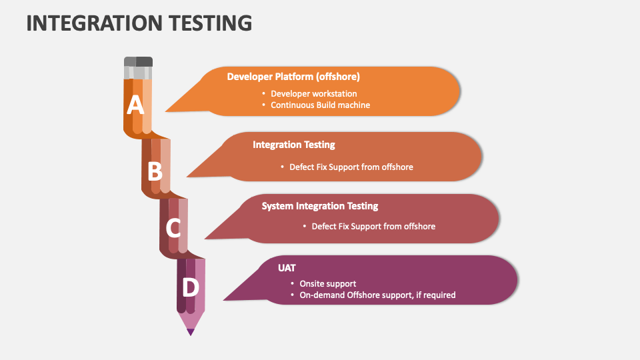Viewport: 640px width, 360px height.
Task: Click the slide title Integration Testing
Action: [139, 23]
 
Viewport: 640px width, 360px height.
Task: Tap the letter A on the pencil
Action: [135, 105]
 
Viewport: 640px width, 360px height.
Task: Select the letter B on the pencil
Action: [155, 171]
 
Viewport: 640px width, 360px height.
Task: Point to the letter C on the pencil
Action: [173, 228]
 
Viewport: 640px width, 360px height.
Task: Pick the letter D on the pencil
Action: [190, 287]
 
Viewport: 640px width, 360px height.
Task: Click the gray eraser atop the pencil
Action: [139, 68]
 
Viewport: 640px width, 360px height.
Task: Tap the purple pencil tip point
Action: [191, 332]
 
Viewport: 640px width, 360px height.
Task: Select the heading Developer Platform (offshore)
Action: [293, 77]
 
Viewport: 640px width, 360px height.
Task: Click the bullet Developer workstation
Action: [313, 94]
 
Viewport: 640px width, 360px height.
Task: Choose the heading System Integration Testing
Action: [320, 206]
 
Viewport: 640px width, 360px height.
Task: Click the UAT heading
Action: [287, 268]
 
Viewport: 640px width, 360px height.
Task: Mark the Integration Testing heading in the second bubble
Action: [294, 145]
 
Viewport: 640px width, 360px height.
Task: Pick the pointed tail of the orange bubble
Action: [166, 111]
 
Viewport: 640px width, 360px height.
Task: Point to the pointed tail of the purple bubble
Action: [224, 300]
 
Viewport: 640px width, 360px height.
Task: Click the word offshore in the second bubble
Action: [397, 167]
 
